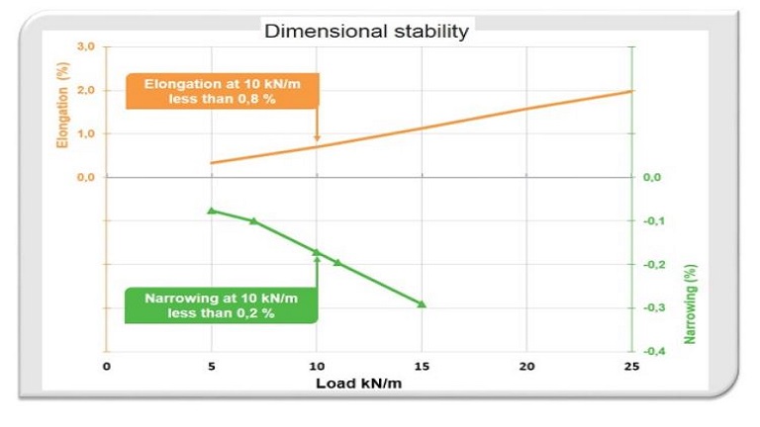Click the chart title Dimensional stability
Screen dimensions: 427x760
(x=365, y=32)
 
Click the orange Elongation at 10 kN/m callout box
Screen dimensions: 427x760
(x=221, y=91)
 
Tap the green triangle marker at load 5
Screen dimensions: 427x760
(x=211, y=211)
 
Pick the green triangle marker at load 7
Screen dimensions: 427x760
(x=253, y=220)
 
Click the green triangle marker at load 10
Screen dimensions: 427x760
(x=317, y=252)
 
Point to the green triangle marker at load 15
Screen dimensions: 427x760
(x=422, y=303)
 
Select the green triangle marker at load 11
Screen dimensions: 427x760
(x=337, y=262)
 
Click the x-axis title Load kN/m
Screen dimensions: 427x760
(x=358, y=383)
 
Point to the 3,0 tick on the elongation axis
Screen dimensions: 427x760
(x=85, y=47)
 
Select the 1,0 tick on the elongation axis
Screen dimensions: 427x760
(x=85, y=133)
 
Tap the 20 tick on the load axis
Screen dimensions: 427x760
(x=526, y=367)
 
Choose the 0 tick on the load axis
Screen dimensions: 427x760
(x=107, y=367)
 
